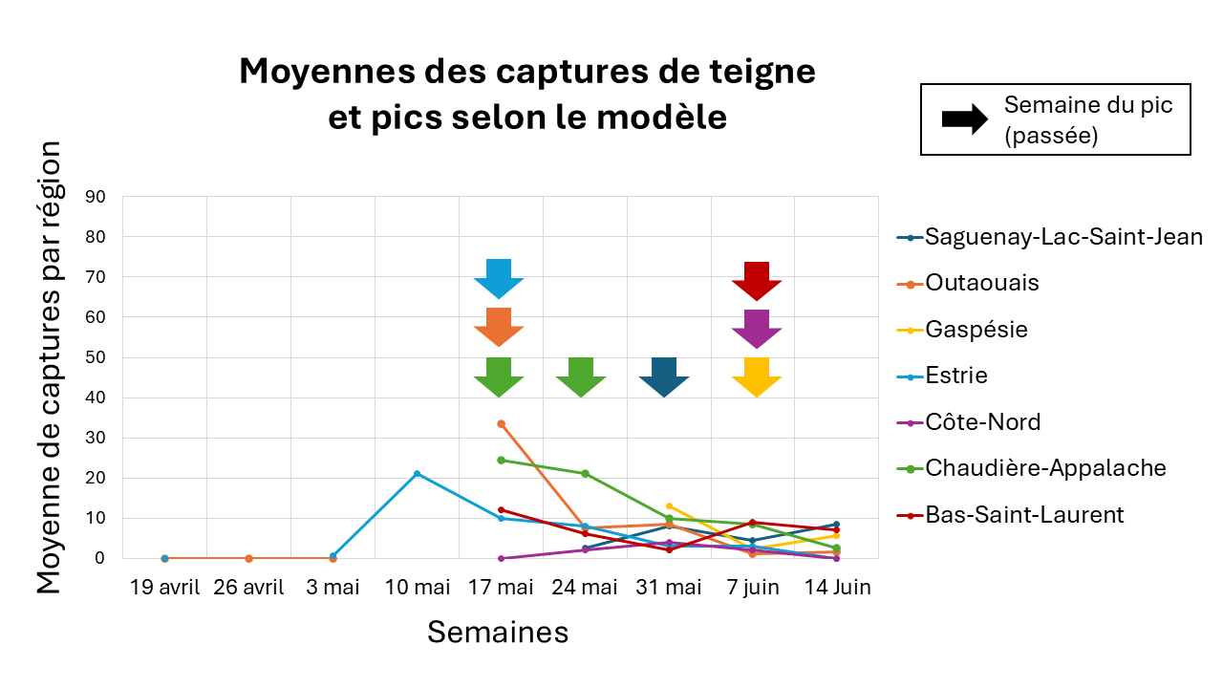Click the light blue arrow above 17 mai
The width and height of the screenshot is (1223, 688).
coord(499,278)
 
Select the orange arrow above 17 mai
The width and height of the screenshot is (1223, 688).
coord(499,327)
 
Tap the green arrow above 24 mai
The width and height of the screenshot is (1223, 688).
coord(581,376)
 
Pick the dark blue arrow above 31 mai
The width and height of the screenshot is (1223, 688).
coord(664,376)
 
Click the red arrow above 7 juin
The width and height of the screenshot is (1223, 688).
coord(757,280)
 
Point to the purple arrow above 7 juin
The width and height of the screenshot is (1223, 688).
coord(757,329)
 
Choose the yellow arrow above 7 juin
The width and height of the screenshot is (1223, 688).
coord(757,376)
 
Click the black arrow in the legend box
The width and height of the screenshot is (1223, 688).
coord(964,119)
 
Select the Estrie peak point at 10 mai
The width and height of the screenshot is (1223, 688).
coord(417,474)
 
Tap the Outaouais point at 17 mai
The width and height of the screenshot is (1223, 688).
coord(501,423)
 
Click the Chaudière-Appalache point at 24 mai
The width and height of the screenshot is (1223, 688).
coord(585,473)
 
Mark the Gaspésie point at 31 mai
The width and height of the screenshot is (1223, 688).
coord(669,506)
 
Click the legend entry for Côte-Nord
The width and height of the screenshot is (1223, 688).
coord(982,422)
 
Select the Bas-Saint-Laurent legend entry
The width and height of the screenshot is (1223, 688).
coord(1023,515)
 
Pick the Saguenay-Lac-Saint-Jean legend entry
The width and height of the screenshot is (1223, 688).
coord(1062,237)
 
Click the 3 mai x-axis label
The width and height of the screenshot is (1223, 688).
coord(332,587)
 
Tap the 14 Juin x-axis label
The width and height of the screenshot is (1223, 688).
coord(836,587)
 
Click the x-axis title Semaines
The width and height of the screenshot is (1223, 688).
coord(497,632)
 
